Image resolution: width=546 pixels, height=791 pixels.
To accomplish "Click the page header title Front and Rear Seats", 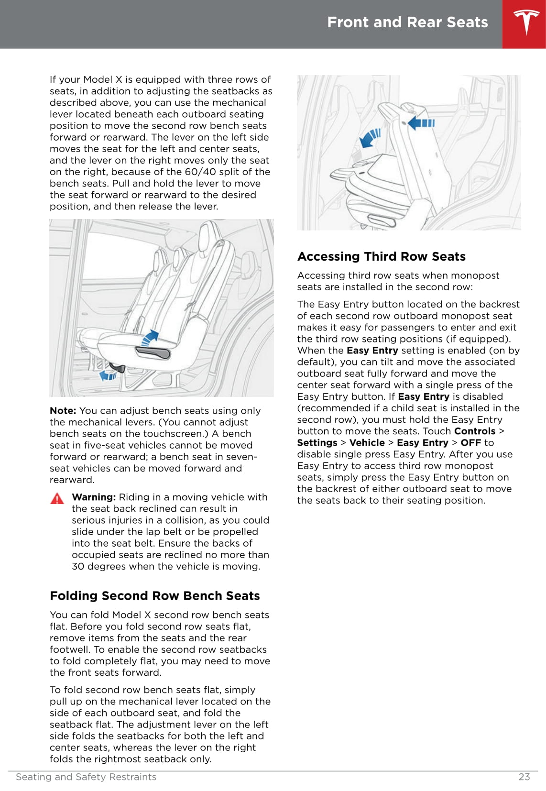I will pyautogui.click(x=407, y=22).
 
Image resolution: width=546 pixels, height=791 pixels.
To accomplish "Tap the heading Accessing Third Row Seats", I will pyautogui.click(x=381, y=257).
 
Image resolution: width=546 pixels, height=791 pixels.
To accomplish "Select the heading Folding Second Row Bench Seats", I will pyautogui.click(x=154, y=596).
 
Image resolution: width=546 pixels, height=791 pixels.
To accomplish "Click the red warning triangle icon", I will pyautogui.click(x=57, y=498).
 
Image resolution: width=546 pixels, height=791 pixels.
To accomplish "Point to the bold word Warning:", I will pyautogui.click(x=94, y=497).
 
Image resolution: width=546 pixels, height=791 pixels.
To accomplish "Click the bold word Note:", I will pyautogui.click(x=63, y=411).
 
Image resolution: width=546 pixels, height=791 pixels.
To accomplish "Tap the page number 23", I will pyautogui.click(x=524, y=777).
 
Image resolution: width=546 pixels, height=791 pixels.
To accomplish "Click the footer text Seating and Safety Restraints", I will pyautogui.click(x=86, y=777).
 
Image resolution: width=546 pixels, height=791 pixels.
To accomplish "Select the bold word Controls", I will pyautogui.click(x=474, y=431).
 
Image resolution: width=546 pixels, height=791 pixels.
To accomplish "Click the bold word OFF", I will pyautogui.click(x=470, y=443).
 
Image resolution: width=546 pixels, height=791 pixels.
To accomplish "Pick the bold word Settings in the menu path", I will pyautogui.click(x=317, y=443).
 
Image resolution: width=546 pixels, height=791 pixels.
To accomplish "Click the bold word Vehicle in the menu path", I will pyautogui.click(x=367, y=443).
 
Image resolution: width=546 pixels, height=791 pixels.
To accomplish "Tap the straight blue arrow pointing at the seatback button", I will pyautogui.click(x=422, y=123).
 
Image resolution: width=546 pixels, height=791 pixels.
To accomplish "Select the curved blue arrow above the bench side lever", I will pyautogui.click(x=151, y=337).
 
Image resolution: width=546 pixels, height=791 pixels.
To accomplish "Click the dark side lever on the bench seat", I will pyautogui.click(x=153, y=352).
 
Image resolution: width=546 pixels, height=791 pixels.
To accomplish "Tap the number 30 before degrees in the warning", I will pyautogui.click(x=78, y=567).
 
